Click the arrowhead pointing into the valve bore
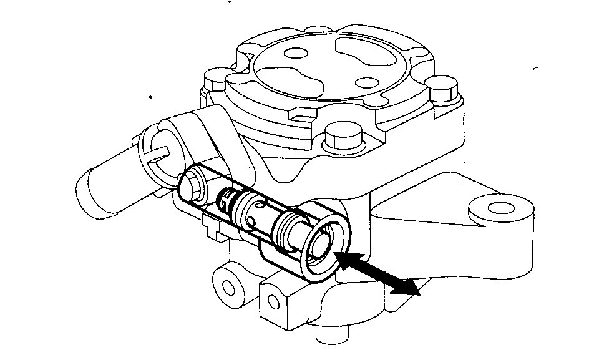pyautogui.click(x=344, y=258)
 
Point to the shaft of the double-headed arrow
pyautogui.click(x=377, y=273)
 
